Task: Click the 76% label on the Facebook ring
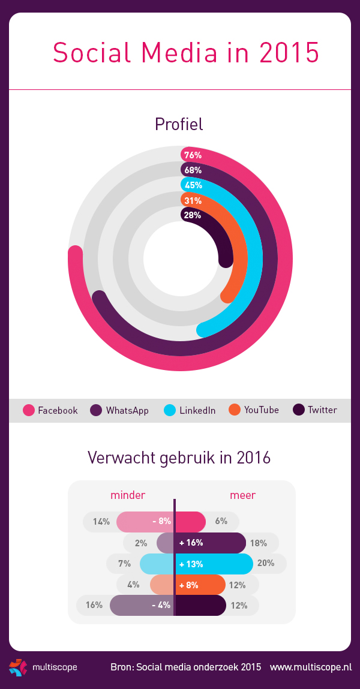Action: pos(193,155)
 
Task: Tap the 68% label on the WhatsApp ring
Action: pos(193,170)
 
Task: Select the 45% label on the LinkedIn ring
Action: pos(193,185)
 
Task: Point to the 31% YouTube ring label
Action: pos(193,200)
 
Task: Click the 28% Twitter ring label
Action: pos(193,215)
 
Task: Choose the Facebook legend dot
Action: pos(29,410)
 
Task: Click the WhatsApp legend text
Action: pos(127,411)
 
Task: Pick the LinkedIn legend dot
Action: pos(170,410)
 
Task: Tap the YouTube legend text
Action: pos(261,410)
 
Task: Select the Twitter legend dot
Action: pos(299,410)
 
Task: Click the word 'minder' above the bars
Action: pos(128,495)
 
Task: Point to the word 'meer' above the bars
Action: pos(242,495)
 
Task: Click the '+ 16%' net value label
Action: pos(191,543)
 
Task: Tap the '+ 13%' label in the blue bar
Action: pos(191,564)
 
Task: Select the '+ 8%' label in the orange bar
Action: pos(190,585)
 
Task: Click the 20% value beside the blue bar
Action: pos(266,564)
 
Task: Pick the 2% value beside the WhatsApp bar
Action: pos(141,543)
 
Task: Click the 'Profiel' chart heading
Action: pos(179,124)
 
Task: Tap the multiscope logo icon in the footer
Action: pos(18,667)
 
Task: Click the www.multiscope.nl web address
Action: pos(310,667)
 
